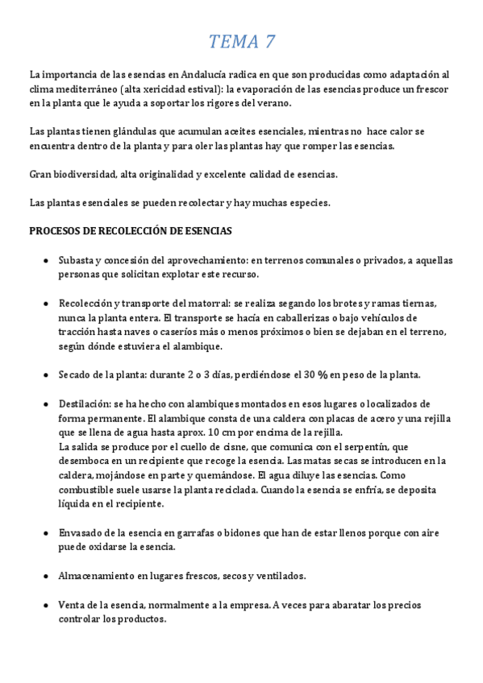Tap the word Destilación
click(85, 404)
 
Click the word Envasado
click(82, 532)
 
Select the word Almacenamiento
click(98, 575)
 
